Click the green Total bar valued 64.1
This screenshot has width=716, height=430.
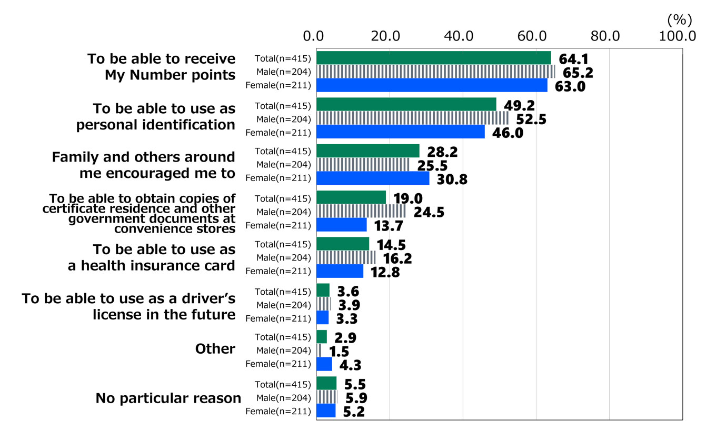coord(433,58)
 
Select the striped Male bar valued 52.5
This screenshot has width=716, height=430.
coord(412,118)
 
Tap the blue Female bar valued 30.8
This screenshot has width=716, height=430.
coord(373,178)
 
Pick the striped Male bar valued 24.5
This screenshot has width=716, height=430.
coord(361,212)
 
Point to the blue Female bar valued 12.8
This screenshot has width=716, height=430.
coord(340,272)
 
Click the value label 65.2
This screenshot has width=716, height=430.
coord(578,72)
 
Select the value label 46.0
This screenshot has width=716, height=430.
coord(508,133)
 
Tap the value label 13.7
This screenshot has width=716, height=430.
coord(390,226)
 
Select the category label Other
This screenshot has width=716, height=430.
coord(215,349)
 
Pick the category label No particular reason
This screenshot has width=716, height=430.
coord(168,398)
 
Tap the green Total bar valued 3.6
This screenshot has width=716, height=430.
coord(323,290)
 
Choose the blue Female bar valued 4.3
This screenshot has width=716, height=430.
coord(324,364)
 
